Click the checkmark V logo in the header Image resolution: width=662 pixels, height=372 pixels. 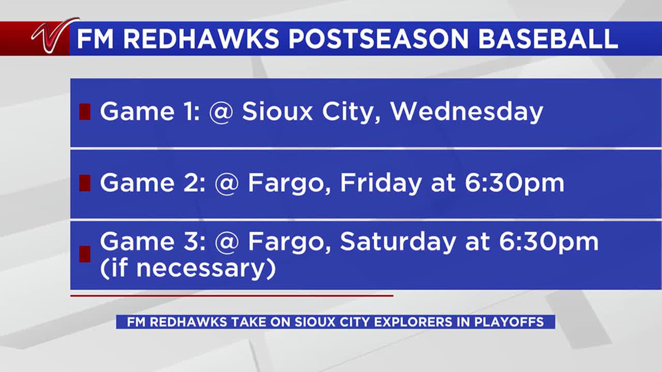[x=52, y=36]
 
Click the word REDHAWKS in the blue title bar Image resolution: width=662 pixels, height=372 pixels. [x=201, y=39]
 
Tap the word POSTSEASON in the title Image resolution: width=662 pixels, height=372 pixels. [x=379, y=39]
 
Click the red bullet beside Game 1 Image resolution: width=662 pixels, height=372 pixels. [x=85, y=112]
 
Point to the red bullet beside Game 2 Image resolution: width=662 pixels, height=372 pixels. [x=85, y=183]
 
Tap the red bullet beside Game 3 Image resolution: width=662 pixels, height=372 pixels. [x=85, y=254]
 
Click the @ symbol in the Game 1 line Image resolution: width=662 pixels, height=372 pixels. [x=221, y=112]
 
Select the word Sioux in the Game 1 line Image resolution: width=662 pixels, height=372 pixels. [x=277, y=112]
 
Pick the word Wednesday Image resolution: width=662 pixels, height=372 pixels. [x=467, y=112]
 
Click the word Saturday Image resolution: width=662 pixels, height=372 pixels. [x=398, y=242]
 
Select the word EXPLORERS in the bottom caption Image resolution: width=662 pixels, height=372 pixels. [x=413, y=322]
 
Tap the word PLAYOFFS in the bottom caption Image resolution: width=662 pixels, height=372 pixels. [x=509, y=322]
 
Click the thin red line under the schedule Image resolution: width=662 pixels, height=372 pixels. [x=232, y=296]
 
